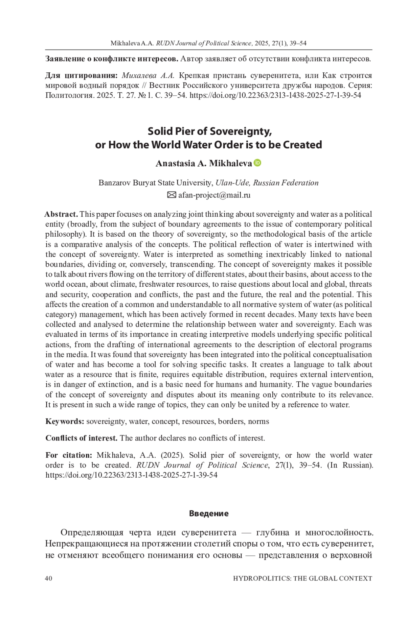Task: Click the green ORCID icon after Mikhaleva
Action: click(x=257, y=163)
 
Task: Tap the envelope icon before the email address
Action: click(x=172, y=195)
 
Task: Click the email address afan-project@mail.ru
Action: click(x=214, y=195)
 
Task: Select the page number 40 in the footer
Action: click(x=48, y=578)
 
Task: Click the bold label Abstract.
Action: click(x=61, y=214)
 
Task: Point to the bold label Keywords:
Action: click(x=65, y=421)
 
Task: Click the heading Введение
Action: click(x=209, y=514)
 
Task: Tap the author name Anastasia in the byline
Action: click(x=173, y=163)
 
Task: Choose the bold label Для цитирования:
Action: click(x=82, y=75)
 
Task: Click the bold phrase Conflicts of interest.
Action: click(x=82, y=438)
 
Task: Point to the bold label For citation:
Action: click(x=69, y=455)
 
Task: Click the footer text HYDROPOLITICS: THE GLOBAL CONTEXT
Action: click(x=302, y=578)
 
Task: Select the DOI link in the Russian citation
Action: click(x=275, y=95)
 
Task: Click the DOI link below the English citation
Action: click(x=131, y=475)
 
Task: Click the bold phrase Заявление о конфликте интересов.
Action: click(x=112, y=59)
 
